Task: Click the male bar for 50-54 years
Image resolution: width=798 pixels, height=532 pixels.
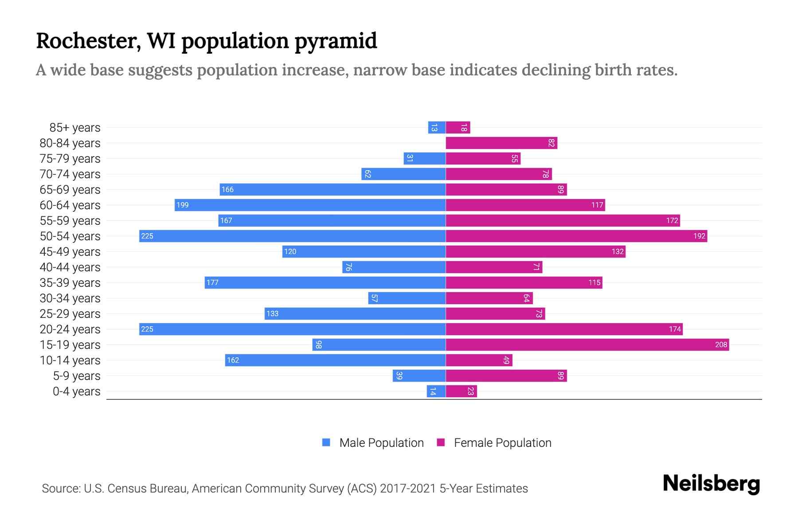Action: coord(293,236)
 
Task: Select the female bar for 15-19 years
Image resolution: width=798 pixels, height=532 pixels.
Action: coord(587,344)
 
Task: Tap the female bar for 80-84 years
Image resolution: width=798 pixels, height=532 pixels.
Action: coord(501,143)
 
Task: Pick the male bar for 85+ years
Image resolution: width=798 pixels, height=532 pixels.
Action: coord(437,128)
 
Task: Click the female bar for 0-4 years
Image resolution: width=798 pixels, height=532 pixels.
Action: coord(461,391)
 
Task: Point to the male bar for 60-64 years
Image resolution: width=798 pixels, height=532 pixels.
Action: coord(310,205)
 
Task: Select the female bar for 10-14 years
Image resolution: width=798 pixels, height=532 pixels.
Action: coord(479,360)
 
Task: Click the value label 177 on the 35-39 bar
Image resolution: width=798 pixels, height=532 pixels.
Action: coord(212,282)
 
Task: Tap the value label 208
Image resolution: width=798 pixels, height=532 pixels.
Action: coord(721,344)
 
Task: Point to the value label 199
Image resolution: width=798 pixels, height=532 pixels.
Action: coord(182,205)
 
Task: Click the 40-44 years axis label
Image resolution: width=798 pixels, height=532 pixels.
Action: coord(70,267)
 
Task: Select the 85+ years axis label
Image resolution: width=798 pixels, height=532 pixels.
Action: coord(75,128)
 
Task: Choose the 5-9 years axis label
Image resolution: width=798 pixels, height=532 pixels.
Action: coord(77,376)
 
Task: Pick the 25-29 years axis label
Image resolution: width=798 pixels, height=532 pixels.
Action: coord(70,314)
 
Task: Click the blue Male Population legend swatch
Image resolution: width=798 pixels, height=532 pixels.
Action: coord(326,442)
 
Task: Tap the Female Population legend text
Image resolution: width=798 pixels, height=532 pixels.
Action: coord(502,442)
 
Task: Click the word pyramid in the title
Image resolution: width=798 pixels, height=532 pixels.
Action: coord(336,41)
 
